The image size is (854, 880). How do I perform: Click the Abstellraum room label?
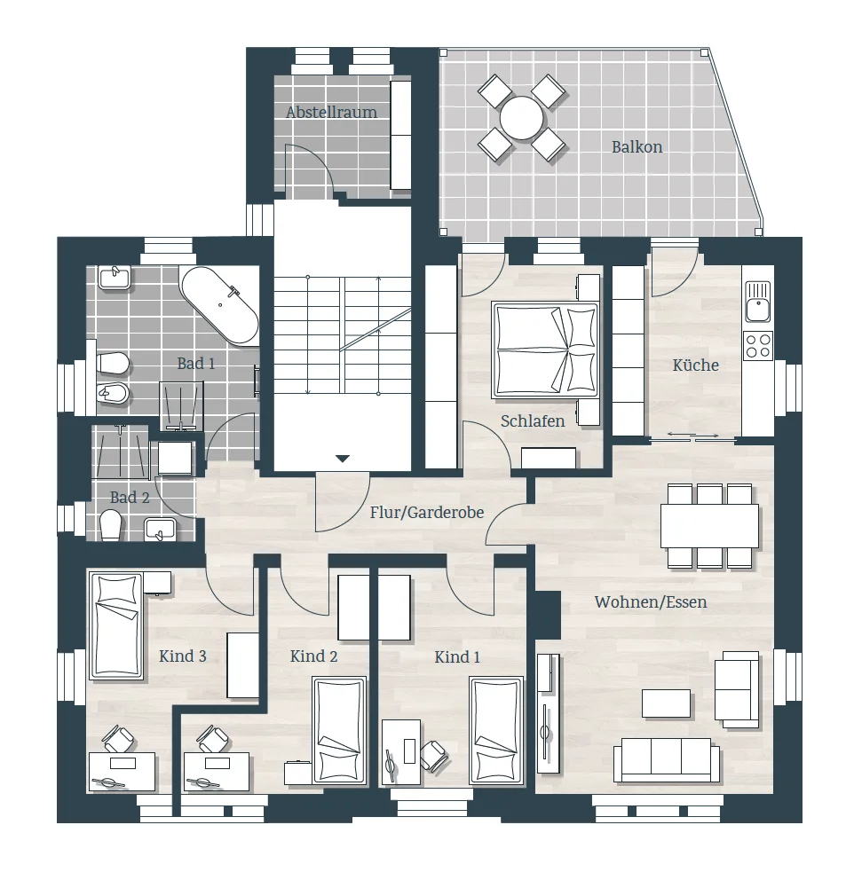click(x=331, y=113)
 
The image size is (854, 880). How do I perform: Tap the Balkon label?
click(x=637, y=147)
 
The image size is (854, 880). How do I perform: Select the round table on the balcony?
click(x=522, y=118)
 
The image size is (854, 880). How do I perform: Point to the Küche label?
click(x=696, y=365)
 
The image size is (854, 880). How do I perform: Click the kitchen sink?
click(x=758, y=302)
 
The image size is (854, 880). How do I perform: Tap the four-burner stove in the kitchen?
click(x=758, y=346)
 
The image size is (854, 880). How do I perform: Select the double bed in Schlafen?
click(x=545, y=350)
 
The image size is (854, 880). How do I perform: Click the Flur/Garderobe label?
click(x=427, y=513)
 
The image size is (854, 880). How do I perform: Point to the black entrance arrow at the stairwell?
click(x=343, y=459)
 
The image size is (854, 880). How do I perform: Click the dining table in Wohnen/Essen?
click(x=709, y=526)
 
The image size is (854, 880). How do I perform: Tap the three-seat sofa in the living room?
click(x=667, y=760)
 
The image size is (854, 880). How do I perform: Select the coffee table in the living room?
click(x=666, y=703)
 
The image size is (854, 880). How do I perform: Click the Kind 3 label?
click(x=183, y=656)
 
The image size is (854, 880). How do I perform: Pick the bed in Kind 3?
click(x=116, y=625)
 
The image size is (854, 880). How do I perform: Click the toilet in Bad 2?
click(x=111, y=525)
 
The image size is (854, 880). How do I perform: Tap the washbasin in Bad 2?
click(x=160, y=530)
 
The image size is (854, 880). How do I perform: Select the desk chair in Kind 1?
click(x=434, y=755)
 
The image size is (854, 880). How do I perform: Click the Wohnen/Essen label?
click(x=650, y=602)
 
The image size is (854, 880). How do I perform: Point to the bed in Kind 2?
click(x=339, y=731)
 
